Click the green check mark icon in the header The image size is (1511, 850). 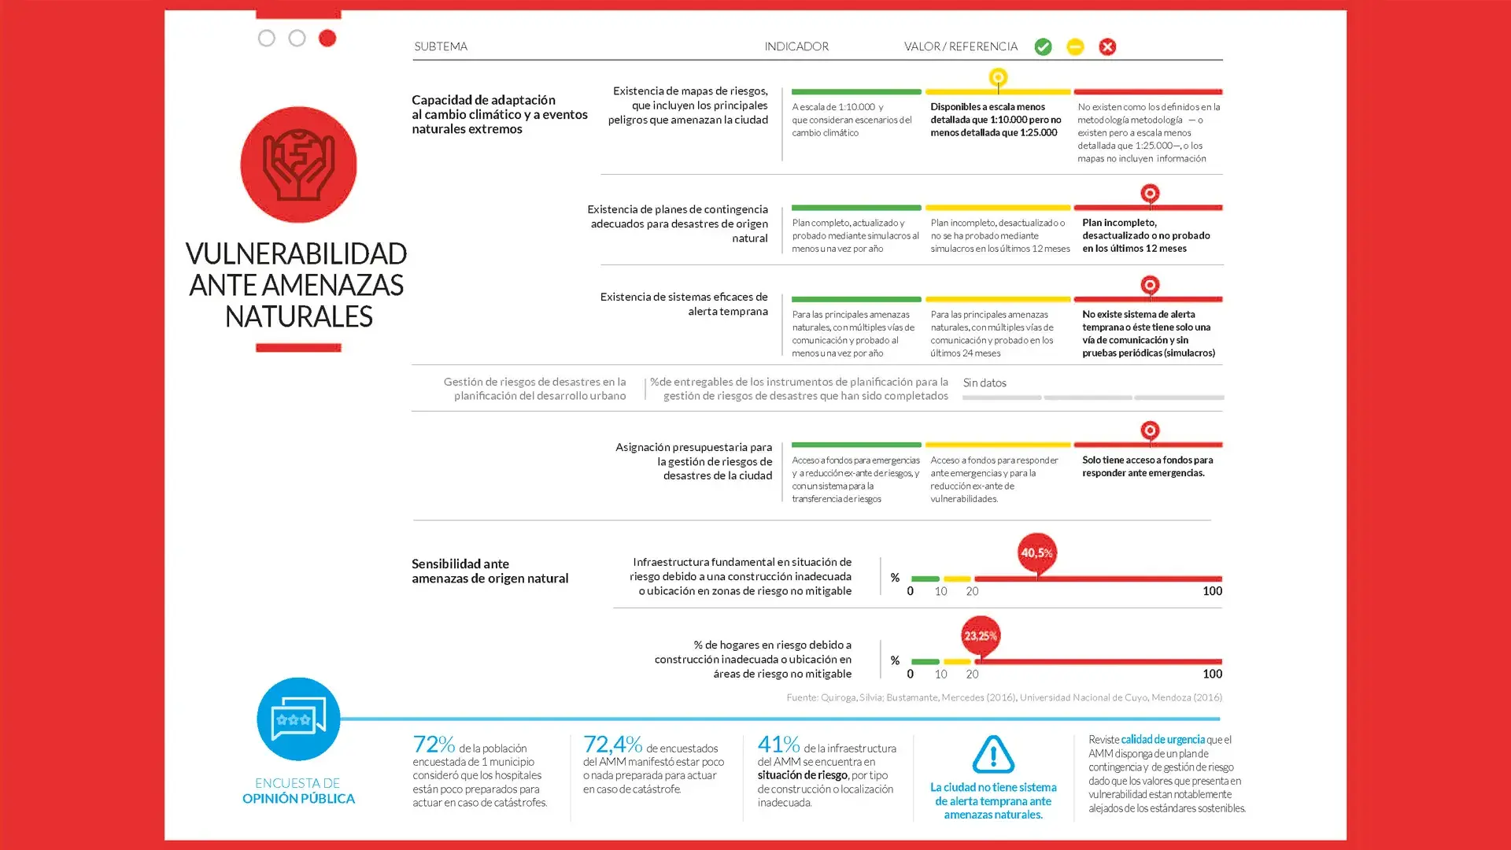point(1043,47)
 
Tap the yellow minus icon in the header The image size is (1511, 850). point(1075,47)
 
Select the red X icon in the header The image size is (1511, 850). point(1107,47)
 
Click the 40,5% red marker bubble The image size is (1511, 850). point(1036,552)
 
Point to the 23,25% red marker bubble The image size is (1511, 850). point(980,636)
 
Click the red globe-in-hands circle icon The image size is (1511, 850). point(298,164)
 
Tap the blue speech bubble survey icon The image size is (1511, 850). point(298,719)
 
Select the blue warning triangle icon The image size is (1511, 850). point(993,754)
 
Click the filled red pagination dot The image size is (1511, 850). point(327,38)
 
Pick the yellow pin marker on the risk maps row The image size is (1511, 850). point(998,78)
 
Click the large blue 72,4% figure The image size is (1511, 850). point(612,744)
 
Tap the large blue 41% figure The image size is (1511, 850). point(778,744)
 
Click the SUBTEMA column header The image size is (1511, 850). point(441,46)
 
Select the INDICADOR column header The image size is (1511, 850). point(796,46)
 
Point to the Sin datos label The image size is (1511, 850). point(985,382)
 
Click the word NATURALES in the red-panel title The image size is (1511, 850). point(298,316)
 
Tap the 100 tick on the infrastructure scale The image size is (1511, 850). point(1212,591)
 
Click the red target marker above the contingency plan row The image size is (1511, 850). point(1150,194)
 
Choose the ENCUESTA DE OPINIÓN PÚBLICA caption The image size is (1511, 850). point(298,791)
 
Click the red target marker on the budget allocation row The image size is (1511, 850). point(1150,431)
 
